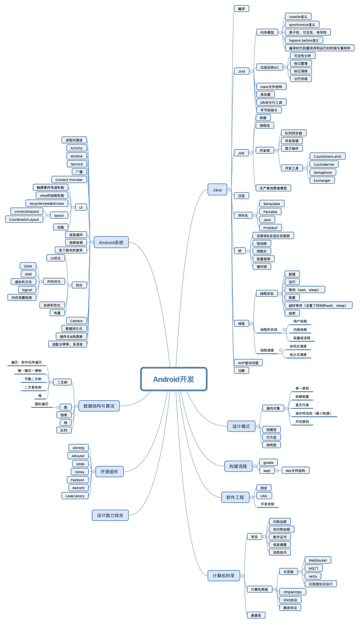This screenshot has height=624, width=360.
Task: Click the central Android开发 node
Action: (173, 379)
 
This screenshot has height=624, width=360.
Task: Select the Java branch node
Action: (217, 190)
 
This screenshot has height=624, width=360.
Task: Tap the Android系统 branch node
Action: (111, 242)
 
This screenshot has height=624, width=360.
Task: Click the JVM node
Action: (242, 71)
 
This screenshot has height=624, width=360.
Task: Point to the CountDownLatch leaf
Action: (327, 156)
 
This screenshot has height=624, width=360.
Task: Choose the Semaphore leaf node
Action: (323, 172)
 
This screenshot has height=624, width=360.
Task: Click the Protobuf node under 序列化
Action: (270, 228)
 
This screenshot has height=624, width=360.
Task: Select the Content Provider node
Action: (69, 180)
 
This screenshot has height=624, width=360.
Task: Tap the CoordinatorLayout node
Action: (24, 219)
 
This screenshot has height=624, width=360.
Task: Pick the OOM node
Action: (28, 266)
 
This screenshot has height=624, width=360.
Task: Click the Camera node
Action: (76, 321)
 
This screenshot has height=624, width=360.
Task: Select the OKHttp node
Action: (78, 448)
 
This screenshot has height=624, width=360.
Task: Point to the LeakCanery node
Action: (75, 496)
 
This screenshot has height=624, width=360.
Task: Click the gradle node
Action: (268, 463)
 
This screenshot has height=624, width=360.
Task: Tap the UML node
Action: (264, 496)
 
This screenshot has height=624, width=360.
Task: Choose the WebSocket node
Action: (318, 560)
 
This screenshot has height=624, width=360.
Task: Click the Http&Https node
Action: (292, 592)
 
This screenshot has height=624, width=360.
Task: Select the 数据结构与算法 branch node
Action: (99, 406)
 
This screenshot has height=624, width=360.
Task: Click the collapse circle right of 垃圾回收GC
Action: (285, 67)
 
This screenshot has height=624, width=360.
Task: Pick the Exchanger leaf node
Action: (322, 180)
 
